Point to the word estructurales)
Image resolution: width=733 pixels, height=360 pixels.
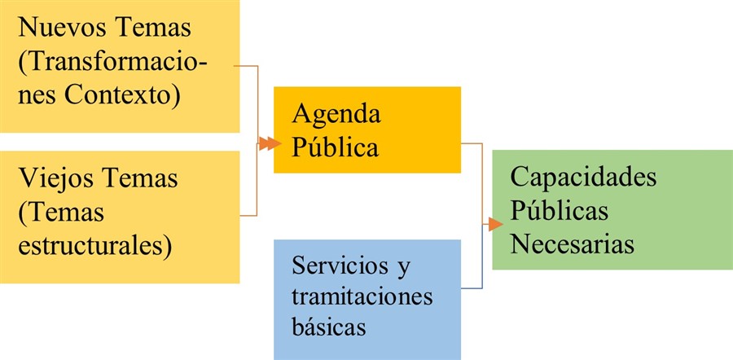coord(94,244)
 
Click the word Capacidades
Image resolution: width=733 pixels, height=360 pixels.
coord(583,177)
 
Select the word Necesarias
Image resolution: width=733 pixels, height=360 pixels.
coord(573,244)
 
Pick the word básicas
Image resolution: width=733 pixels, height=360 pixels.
coord(330,327)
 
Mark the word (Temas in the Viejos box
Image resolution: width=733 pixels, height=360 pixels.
coord(62,211)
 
